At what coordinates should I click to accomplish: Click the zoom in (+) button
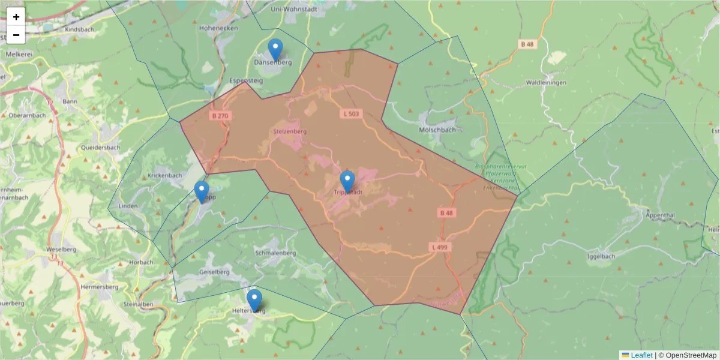click(16, 17)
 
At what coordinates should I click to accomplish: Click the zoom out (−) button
click(16, 35)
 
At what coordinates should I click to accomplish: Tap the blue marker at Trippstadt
click(347, 181)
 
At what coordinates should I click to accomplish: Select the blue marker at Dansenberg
click(275, 49)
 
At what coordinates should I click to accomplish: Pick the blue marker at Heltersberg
click(254, 300)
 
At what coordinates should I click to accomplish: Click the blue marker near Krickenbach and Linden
click(202, 192)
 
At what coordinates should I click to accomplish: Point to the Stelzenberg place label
click(290, 131)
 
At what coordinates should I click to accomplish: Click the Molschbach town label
click(436, 130)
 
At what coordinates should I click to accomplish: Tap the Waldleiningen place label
click(546, 83)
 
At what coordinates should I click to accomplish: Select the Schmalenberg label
click(275, 253)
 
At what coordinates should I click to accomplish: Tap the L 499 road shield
click(440, 247)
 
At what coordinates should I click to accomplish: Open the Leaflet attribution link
click(641, 355)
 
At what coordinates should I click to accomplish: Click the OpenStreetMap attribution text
click(688, 355)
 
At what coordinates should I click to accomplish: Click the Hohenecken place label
click(219, 28)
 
